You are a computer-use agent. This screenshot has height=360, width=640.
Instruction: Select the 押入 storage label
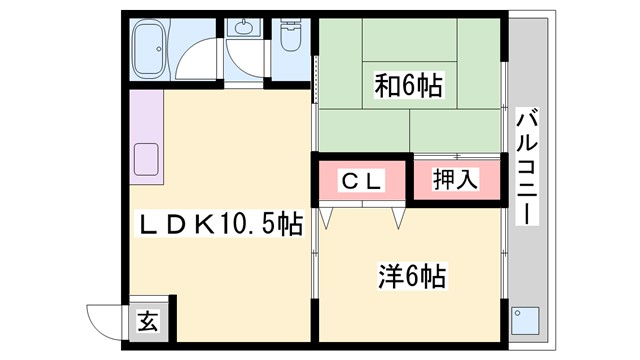(x=455, y=180)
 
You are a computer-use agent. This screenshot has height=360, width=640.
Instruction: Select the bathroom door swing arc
(x=206, y=55)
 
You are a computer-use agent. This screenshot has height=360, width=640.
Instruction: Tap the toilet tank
(x=291, y=23)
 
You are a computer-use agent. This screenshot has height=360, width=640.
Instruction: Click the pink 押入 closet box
(x=455, y=181)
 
